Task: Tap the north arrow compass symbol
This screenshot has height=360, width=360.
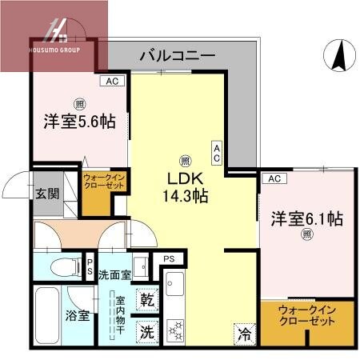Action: pyautogui.click(x=336, y=55)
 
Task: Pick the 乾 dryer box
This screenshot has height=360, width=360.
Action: pyautogui.click(x=147, y=301)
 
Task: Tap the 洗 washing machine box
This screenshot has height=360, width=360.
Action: pyautogui.click(x=147, y=329)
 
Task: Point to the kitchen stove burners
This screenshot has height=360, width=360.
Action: pyautogui.click(x=174, y=327)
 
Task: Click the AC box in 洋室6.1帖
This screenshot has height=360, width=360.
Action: pyautogui.click(x=273, y=178)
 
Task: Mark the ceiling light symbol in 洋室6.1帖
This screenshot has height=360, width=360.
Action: pyautogui.click(x=306, y=234)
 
